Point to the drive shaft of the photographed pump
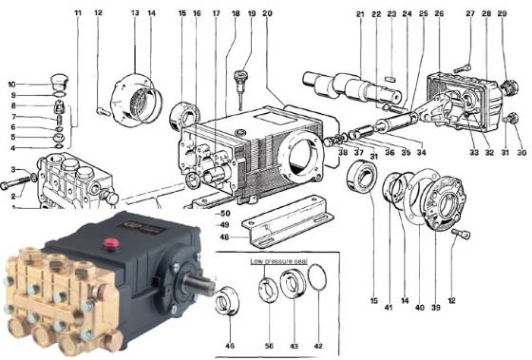point(199,282)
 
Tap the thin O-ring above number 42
point(319,286)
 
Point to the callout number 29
point(502,15)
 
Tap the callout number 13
point(134,13)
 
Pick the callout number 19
point(252,15)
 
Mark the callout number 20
point(267,15)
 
